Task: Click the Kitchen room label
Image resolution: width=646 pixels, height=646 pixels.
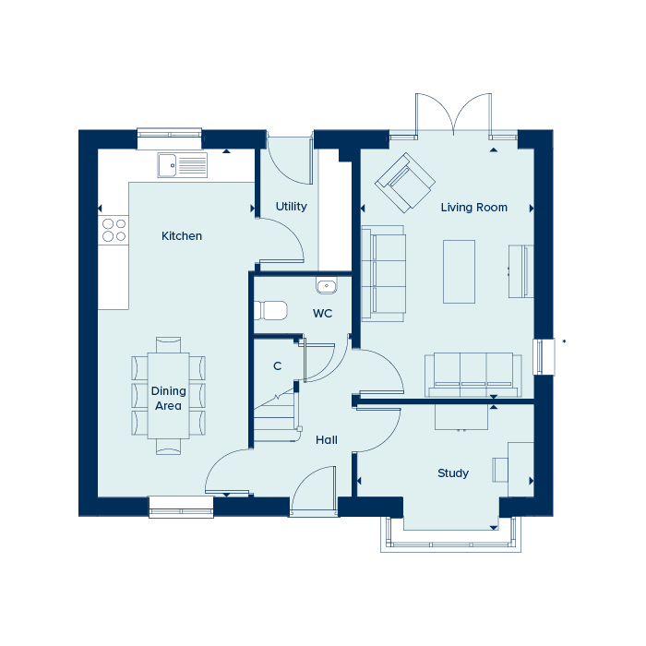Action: point(182,236)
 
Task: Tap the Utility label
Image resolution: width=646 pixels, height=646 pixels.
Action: point(292,207)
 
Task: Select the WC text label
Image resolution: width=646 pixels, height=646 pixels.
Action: point(322,314)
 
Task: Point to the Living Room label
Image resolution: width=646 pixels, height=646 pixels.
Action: point(473,208)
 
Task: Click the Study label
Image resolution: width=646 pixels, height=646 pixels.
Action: point(453,473)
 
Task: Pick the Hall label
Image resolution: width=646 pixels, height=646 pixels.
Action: point(327,440)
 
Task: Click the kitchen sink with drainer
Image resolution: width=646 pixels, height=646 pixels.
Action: point(182,165)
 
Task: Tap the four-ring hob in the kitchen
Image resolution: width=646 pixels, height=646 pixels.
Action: point(114,230)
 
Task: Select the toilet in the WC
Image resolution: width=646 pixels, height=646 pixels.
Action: point(270,310)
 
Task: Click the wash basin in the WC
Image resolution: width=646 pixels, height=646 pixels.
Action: point(327,285)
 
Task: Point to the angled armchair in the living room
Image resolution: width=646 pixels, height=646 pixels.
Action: point(405,183)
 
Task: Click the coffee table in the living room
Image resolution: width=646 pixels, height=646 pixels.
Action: point(459,272)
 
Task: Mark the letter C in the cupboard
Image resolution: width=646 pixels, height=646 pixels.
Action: point(277,365)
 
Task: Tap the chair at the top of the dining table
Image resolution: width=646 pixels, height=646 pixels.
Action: point(168,345)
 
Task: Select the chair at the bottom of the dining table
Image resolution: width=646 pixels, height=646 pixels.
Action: point(168,447)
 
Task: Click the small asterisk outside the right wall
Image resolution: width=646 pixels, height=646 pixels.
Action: point(564,341)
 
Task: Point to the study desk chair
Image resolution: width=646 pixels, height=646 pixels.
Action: point(500,470)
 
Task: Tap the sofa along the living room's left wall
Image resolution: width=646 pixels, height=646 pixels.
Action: point(383,273)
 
